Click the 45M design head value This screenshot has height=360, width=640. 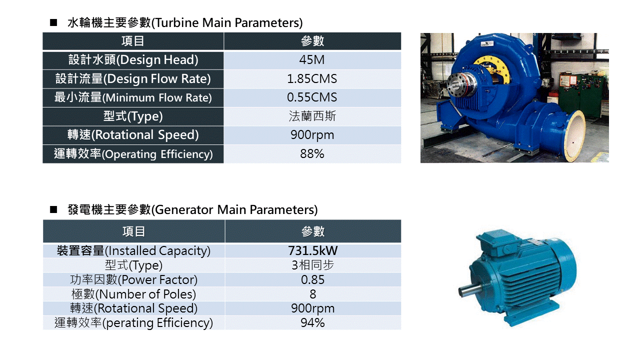311,60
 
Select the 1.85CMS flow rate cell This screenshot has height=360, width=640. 312,79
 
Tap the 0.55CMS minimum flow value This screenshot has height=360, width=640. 312,97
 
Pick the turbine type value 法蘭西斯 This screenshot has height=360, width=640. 312,116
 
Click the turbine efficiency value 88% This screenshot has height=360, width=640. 312,153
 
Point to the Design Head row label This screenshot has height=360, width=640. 133,60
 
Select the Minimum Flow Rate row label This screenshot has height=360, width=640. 133,97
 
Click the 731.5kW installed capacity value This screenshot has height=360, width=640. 313,250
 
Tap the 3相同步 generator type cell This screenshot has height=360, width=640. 312,265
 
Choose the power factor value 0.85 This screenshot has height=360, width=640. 312,279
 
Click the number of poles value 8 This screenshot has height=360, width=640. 313,294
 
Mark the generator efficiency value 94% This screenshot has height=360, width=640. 312,323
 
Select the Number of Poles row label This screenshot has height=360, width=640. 133,294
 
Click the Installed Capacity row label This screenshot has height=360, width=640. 133,251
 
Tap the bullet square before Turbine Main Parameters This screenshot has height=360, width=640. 53,22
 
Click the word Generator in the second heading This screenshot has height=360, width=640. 184,209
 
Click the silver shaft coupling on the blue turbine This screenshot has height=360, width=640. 460,83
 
